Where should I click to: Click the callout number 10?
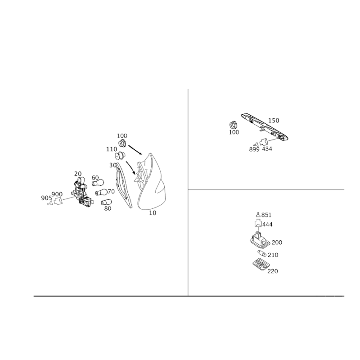(x=153, y=213)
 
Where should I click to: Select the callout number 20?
(x=78, y=174)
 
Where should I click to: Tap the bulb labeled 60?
(x=98, y=183)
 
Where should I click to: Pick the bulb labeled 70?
(x=101, y=192)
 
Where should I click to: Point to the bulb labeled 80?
(x=106, y=202)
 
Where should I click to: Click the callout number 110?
(x=112, y=149)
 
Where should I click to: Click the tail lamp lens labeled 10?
(x=152, y=184)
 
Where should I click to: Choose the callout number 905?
(x=46, y=198)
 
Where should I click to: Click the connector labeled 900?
(x=58, y=202)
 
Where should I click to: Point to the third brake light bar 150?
(x=265, y=126)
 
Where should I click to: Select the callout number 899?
(x=254, y=149)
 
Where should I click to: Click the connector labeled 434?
(x=264, y=142)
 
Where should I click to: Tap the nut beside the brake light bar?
(x=233, y=125)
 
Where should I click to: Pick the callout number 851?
(x=266, y=215)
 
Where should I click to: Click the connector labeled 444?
(x=258, y=224)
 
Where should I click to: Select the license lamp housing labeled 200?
(x=260, y=240)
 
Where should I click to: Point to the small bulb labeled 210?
(x=262, y=253)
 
